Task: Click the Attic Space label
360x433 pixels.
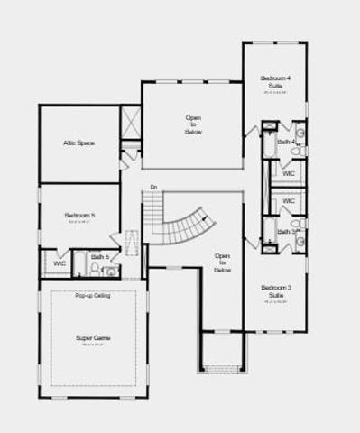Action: coord(79,143)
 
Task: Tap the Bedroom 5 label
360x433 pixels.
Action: coord(79,216)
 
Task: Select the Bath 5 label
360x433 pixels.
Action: coord(102,257)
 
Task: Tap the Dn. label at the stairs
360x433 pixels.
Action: coord(154,187)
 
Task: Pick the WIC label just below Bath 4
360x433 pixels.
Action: coord(289,173)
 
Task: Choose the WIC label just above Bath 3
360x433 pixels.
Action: coord(289,200)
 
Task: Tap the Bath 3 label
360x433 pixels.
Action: coord(285,232)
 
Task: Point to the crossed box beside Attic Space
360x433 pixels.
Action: coord(131,122)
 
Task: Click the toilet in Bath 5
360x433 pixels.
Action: coord(106,270)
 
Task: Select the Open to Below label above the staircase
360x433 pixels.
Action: coord(193,125)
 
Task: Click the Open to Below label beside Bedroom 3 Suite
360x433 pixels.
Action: coord(222,263)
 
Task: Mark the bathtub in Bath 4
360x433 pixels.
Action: coord(269,142)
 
